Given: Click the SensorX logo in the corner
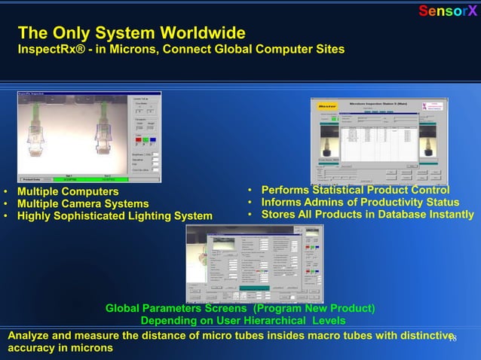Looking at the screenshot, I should (x=448, y=11).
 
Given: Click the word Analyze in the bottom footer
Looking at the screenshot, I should (x=29, y=336).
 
